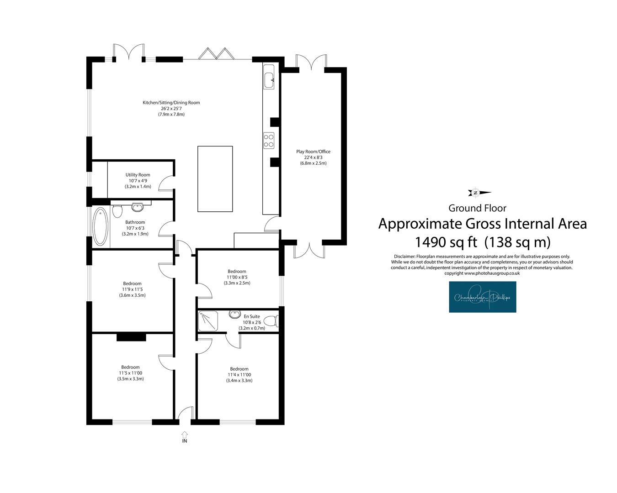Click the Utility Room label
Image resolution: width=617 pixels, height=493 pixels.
pos(138,175)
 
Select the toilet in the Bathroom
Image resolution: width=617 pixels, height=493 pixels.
pos(117,211)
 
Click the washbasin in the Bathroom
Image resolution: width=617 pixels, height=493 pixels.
pos(138,207)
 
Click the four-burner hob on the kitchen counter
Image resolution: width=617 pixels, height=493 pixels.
pos(269,141)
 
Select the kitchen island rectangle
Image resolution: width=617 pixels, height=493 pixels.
pos(215,179)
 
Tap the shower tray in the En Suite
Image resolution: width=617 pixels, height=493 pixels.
pos(208,321)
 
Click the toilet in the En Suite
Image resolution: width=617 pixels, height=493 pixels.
pos(271,321)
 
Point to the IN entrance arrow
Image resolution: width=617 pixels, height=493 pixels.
pos(185,435)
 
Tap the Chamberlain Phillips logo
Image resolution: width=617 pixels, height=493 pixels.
pos(483,297)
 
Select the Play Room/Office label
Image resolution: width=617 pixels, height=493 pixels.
pos(314,152)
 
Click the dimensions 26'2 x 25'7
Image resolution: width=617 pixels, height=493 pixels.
pos(171,109)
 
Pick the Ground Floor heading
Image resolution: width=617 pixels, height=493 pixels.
pos(477,208)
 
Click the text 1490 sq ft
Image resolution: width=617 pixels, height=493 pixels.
pos(446,242)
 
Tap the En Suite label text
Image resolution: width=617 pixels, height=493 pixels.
pos(252,316)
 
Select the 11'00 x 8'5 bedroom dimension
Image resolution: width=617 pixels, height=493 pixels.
pos(237,277)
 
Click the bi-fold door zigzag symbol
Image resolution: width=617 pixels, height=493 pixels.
pos(215,54)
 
